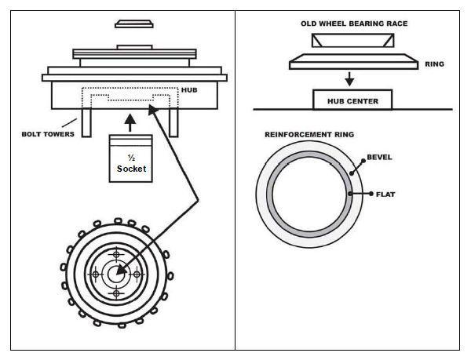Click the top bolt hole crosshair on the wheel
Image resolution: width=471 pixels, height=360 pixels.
tap(118, 255)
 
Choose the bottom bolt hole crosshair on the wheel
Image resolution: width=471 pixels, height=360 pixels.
tap(118, 293)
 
